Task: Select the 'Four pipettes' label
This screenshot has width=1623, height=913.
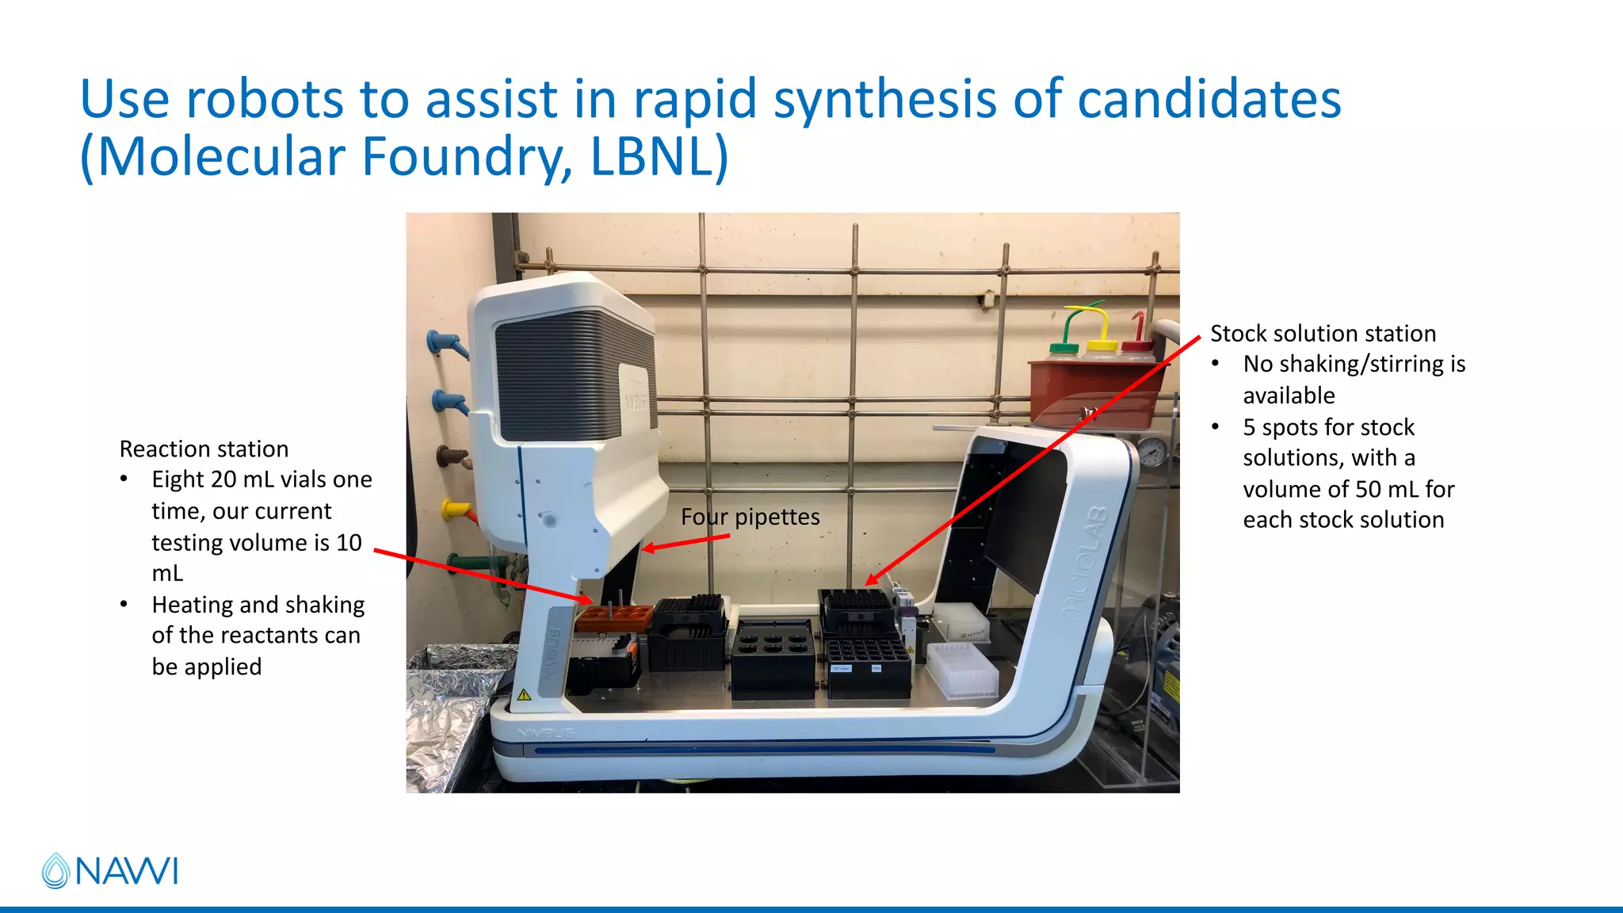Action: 750,517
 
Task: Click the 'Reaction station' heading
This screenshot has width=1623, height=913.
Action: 204,449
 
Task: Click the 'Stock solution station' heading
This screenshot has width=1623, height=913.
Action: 1323,334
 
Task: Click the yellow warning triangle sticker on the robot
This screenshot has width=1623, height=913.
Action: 524,695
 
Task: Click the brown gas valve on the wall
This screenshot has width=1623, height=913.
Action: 453,457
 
